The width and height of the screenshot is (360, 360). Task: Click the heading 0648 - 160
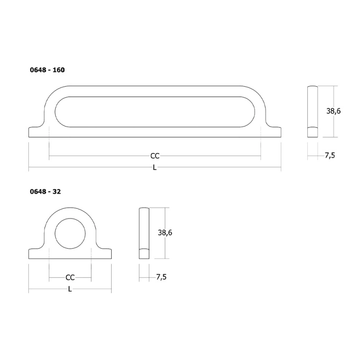(47, 70)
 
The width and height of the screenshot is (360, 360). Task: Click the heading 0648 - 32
(45, 192)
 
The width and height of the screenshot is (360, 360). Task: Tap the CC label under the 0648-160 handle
(155, 156)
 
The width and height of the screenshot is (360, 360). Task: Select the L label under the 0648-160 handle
(155, 167)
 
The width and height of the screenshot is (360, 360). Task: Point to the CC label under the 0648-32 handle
(70, 278)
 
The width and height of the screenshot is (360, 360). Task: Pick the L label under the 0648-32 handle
(70, 289)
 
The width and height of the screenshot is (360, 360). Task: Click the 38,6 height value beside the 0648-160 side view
(333, 111)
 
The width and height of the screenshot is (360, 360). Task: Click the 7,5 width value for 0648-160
(330, 155)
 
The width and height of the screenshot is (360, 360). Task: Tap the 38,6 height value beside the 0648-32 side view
(165, 233)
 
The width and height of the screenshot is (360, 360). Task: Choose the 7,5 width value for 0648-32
(162, 277)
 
